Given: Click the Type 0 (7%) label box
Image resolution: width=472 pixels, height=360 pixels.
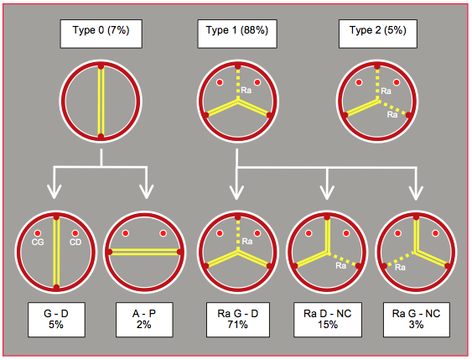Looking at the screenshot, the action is click(x=101, y=34).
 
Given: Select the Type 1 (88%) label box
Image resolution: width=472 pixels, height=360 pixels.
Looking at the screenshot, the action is click(x=237, y=34).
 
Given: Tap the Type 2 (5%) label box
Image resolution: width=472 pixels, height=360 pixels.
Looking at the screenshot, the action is click(x=378, y=34).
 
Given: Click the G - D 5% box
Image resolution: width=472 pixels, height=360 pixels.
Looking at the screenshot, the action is click(x=56, y=320).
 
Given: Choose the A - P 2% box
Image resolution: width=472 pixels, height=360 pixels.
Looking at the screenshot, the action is click(x=144, y=320).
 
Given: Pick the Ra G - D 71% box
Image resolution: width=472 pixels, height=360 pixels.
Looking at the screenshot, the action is click(x=238, y=320).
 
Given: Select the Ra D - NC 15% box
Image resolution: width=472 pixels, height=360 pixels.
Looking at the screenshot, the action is click(x=328, y=320).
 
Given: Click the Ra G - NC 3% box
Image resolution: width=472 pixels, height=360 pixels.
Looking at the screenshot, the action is click(x=417, y=320).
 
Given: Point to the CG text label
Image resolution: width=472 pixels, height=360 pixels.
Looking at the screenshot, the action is click(x=38, y=242).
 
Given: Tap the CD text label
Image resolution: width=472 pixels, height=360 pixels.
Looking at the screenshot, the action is click(x=75, y=242).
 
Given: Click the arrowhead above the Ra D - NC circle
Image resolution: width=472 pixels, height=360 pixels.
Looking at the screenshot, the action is click(x=327, y=192).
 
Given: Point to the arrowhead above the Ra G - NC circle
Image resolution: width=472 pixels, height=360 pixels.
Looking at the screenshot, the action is click(x=416, y=192).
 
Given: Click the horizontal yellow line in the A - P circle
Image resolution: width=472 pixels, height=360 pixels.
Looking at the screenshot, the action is click(x=144, y=252).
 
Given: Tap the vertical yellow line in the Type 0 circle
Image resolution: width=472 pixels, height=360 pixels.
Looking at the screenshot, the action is click(x=101, y=102).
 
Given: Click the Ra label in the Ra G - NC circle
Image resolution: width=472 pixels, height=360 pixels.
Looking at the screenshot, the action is click(x=400, y=267).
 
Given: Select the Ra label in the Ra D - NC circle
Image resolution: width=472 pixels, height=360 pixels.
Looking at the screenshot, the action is click(x=340, y=265).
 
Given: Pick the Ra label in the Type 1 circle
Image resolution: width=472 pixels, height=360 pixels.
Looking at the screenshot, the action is click(x=246, y=90).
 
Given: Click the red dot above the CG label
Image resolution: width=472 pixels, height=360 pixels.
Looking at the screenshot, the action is click(x=38, y=233).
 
